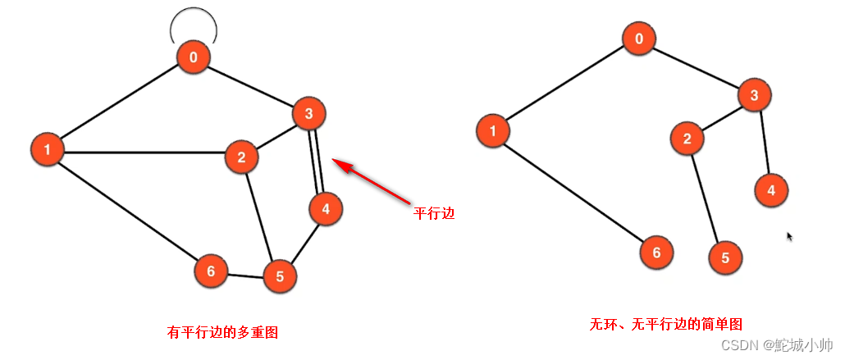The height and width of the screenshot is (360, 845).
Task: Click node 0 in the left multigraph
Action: point(194,57)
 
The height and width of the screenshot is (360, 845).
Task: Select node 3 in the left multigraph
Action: point(309,114)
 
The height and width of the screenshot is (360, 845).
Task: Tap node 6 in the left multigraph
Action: point(211,271)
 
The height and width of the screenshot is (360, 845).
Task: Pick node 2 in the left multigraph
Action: point(242,157)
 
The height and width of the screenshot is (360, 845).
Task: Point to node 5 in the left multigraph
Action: point(280,276)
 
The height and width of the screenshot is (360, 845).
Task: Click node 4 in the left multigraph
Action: point(326,208)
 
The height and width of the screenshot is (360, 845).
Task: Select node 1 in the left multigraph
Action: point(48,149)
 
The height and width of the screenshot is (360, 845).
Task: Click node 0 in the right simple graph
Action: point(638,39)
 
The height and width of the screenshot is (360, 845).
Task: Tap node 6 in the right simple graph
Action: point(656,253)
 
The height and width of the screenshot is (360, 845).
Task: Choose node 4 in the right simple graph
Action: point(771,190)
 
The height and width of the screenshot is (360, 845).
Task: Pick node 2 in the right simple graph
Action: point(687,139)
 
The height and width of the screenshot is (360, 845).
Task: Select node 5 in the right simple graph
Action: point(725,258)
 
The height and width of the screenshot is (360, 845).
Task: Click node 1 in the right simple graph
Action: point(492,130)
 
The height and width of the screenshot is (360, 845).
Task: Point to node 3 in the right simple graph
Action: point(754,96)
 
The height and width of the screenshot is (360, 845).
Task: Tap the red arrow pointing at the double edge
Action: point(373,183)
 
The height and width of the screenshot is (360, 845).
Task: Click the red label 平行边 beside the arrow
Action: point(434,213)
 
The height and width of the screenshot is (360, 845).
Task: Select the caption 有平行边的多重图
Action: point(222,332)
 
